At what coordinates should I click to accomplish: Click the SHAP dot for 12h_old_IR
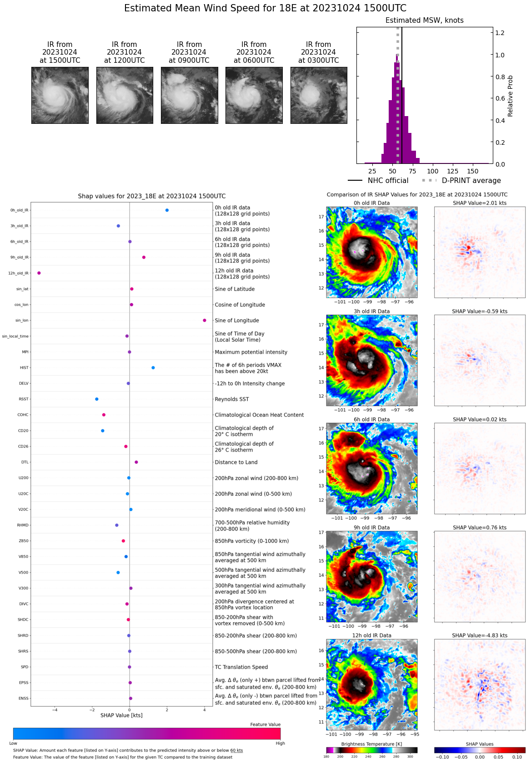tap(39, 273)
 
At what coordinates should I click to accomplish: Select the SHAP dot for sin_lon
tap(205, 320)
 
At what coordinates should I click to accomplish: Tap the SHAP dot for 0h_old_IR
tap(167, 210)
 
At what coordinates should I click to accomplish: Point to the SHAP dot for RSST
tap(97, 399)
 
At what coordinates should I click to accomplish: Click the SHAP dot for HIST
tap(153, 368)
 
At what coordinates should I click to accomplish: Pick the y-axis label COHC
tap(23, 415)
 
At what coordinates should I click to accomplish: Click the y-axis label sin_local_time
tap(15, 336)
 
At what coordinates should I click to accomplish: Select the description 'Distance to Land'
tap(236, 462)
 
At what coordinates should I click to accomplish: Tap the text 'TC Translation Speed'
tap(241, 667)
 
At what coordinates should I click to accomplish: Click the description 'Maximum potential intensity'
tap(251, 352)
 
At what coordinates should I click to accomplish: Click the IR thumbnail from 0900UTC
tap(189, 95)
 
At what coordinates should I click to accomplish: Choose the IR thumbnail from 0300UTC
tap(319, 95)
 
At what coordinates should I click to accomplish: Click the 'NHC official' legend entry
tap(388, 181)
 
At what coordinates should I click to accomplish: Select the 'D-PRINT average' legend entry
tap(471, 181)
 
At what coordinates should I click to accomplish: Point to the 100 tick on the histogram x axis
tap(432, 171)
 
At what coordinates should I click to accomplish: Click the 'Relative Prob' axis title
tap(510, 96)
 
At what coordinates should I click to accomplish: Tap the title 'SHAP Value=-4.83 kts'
tap(480, 635)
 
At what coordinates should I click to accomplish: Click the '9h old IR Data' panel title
tap(371, 528)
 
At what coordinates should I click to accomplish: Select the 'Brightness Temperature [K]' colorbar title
tap(371, 744)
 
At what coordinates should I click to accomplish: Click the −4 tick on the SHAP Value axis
tap(55, 710)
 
